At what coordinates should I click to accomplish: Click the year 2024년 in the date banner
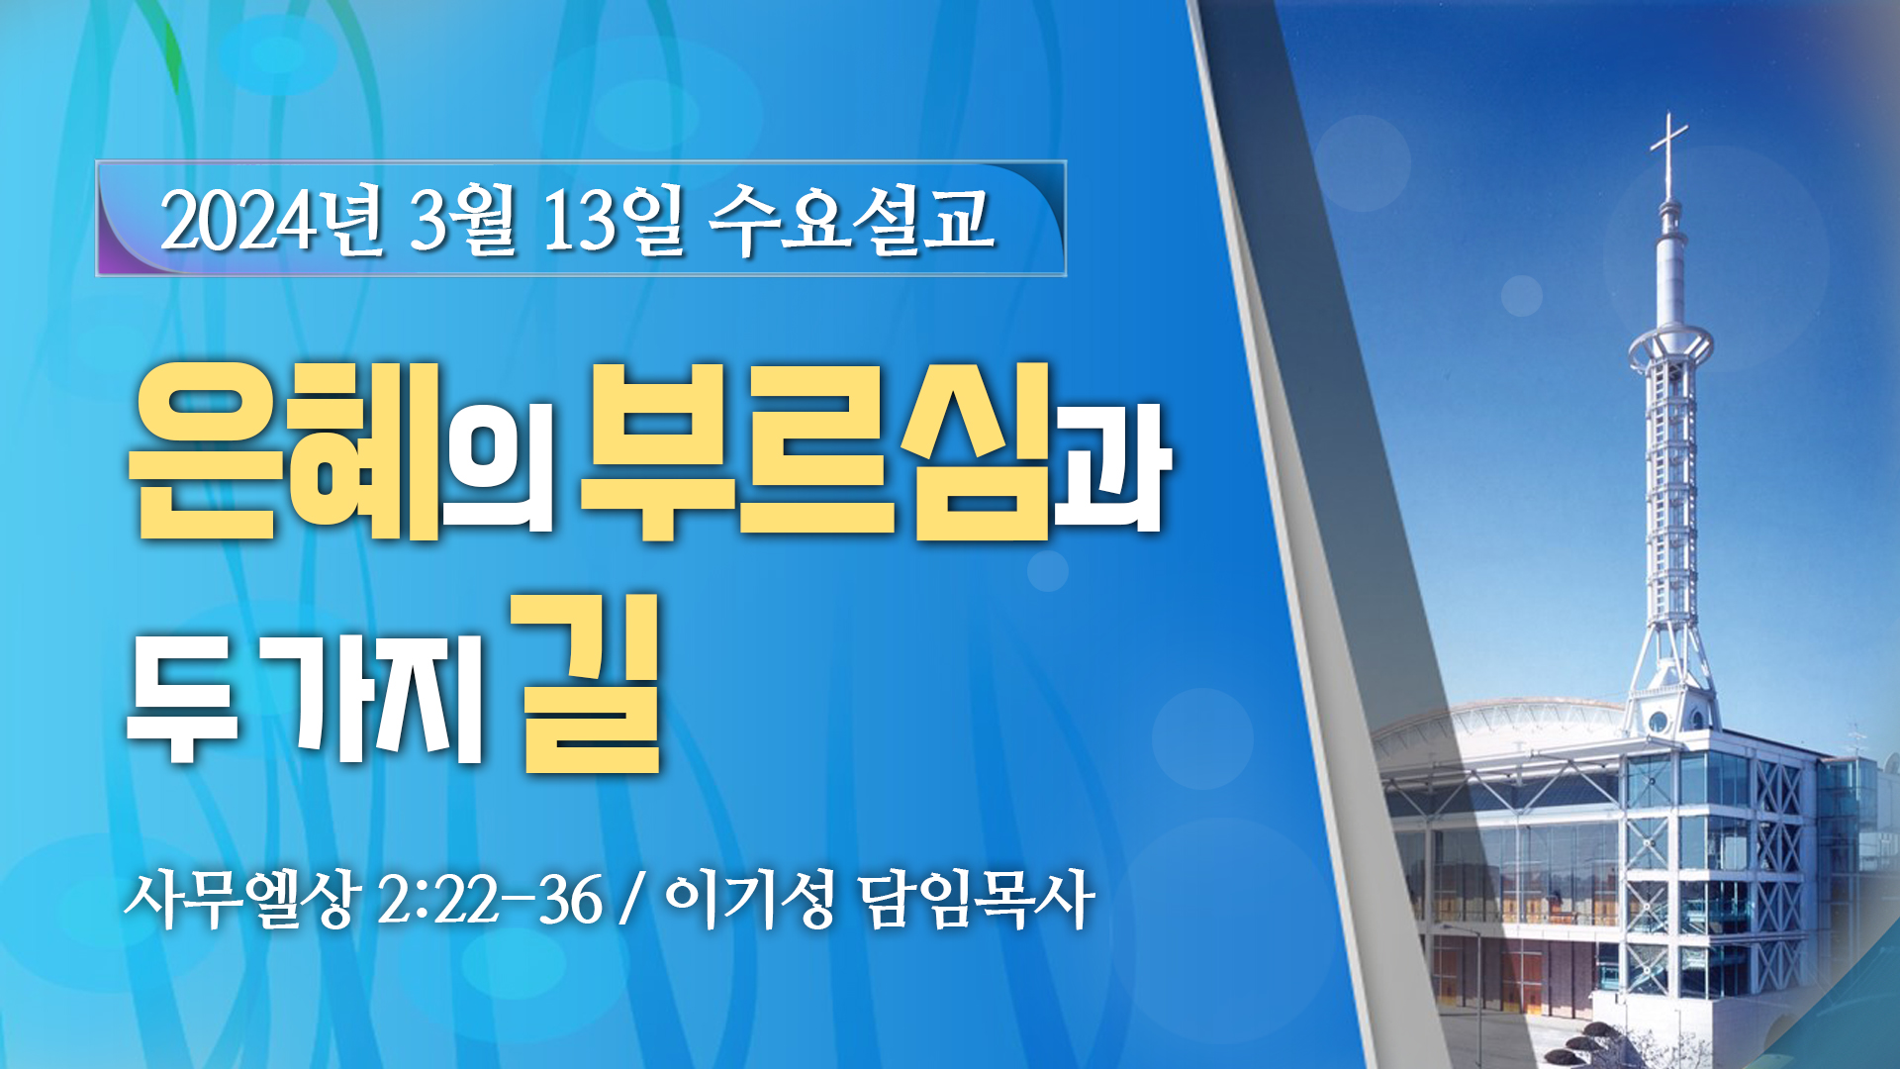click(272, 221)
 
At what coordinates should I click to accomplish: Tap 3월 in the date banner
click(462, 221)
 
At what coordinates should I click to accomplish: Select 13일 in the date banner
click(614, 221)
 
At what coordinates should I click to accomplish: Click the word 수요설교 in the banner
click(852, 221)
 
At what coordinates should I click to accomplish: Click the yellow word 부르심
click(815, 450)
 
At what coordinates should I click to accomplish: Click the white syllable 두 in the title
click(183, 698)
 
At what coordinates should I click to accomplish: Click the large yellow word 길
click(591, 683)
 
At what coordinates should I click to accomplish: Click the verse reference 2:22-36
click(490, 901)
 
